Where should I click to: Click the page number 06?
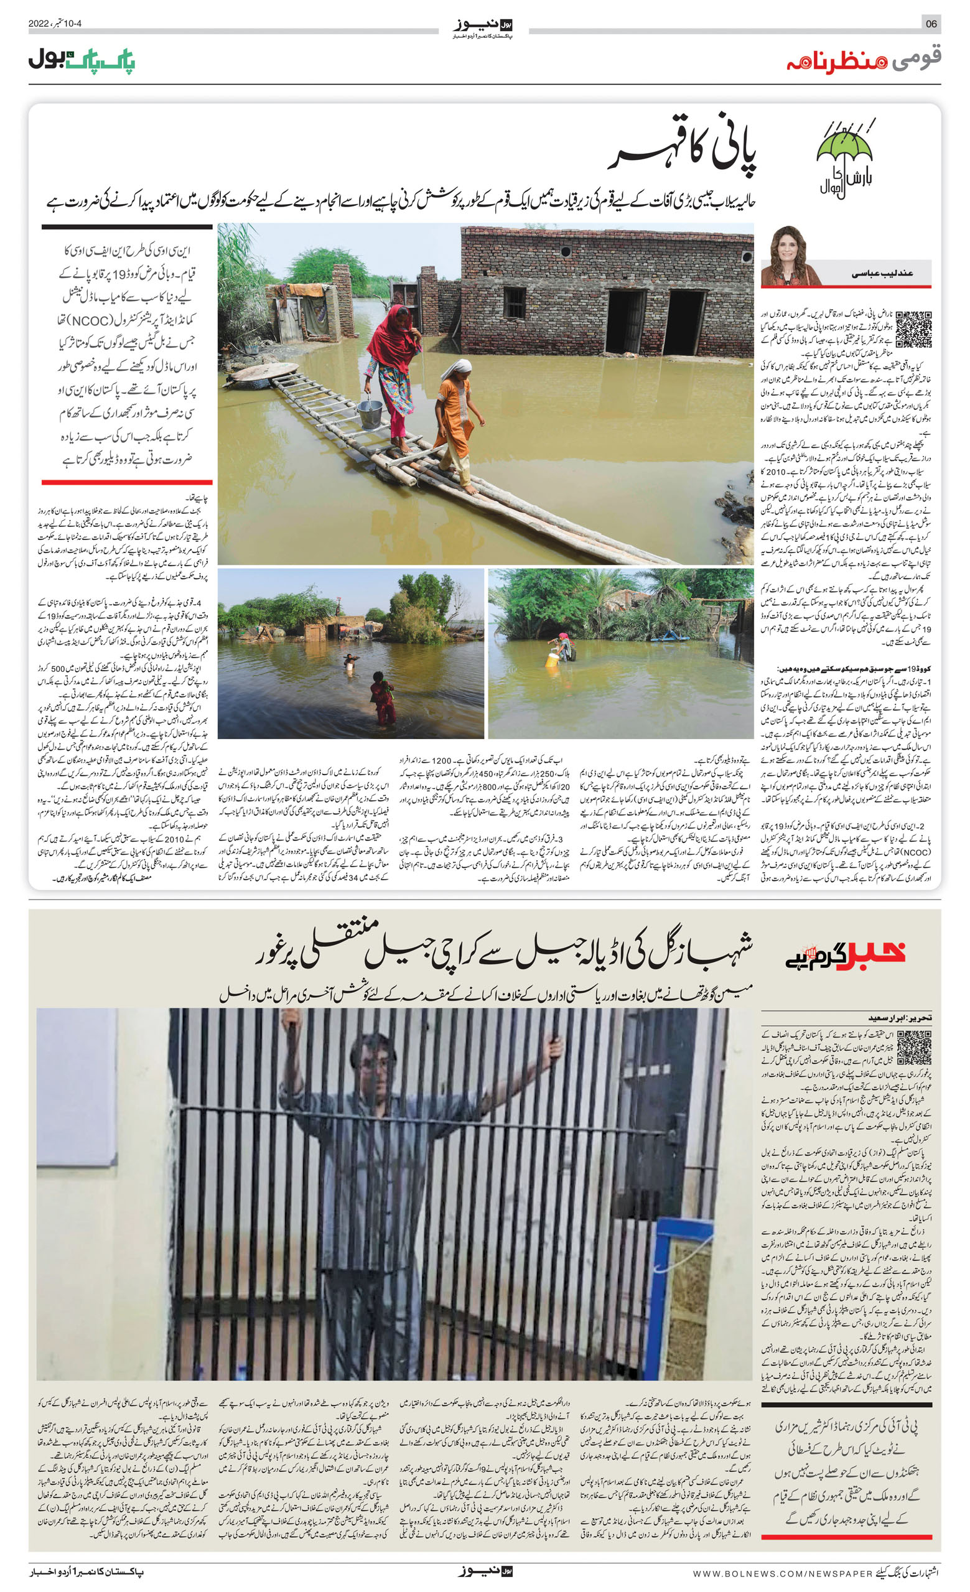[x=931, y=24]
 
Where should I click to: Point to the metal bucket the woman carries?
[x=370, y=413]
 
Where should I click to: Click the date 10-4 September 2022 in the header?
[x=55, y=24]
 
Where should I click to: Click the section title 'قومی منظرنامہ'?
[x=864, y=60]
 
